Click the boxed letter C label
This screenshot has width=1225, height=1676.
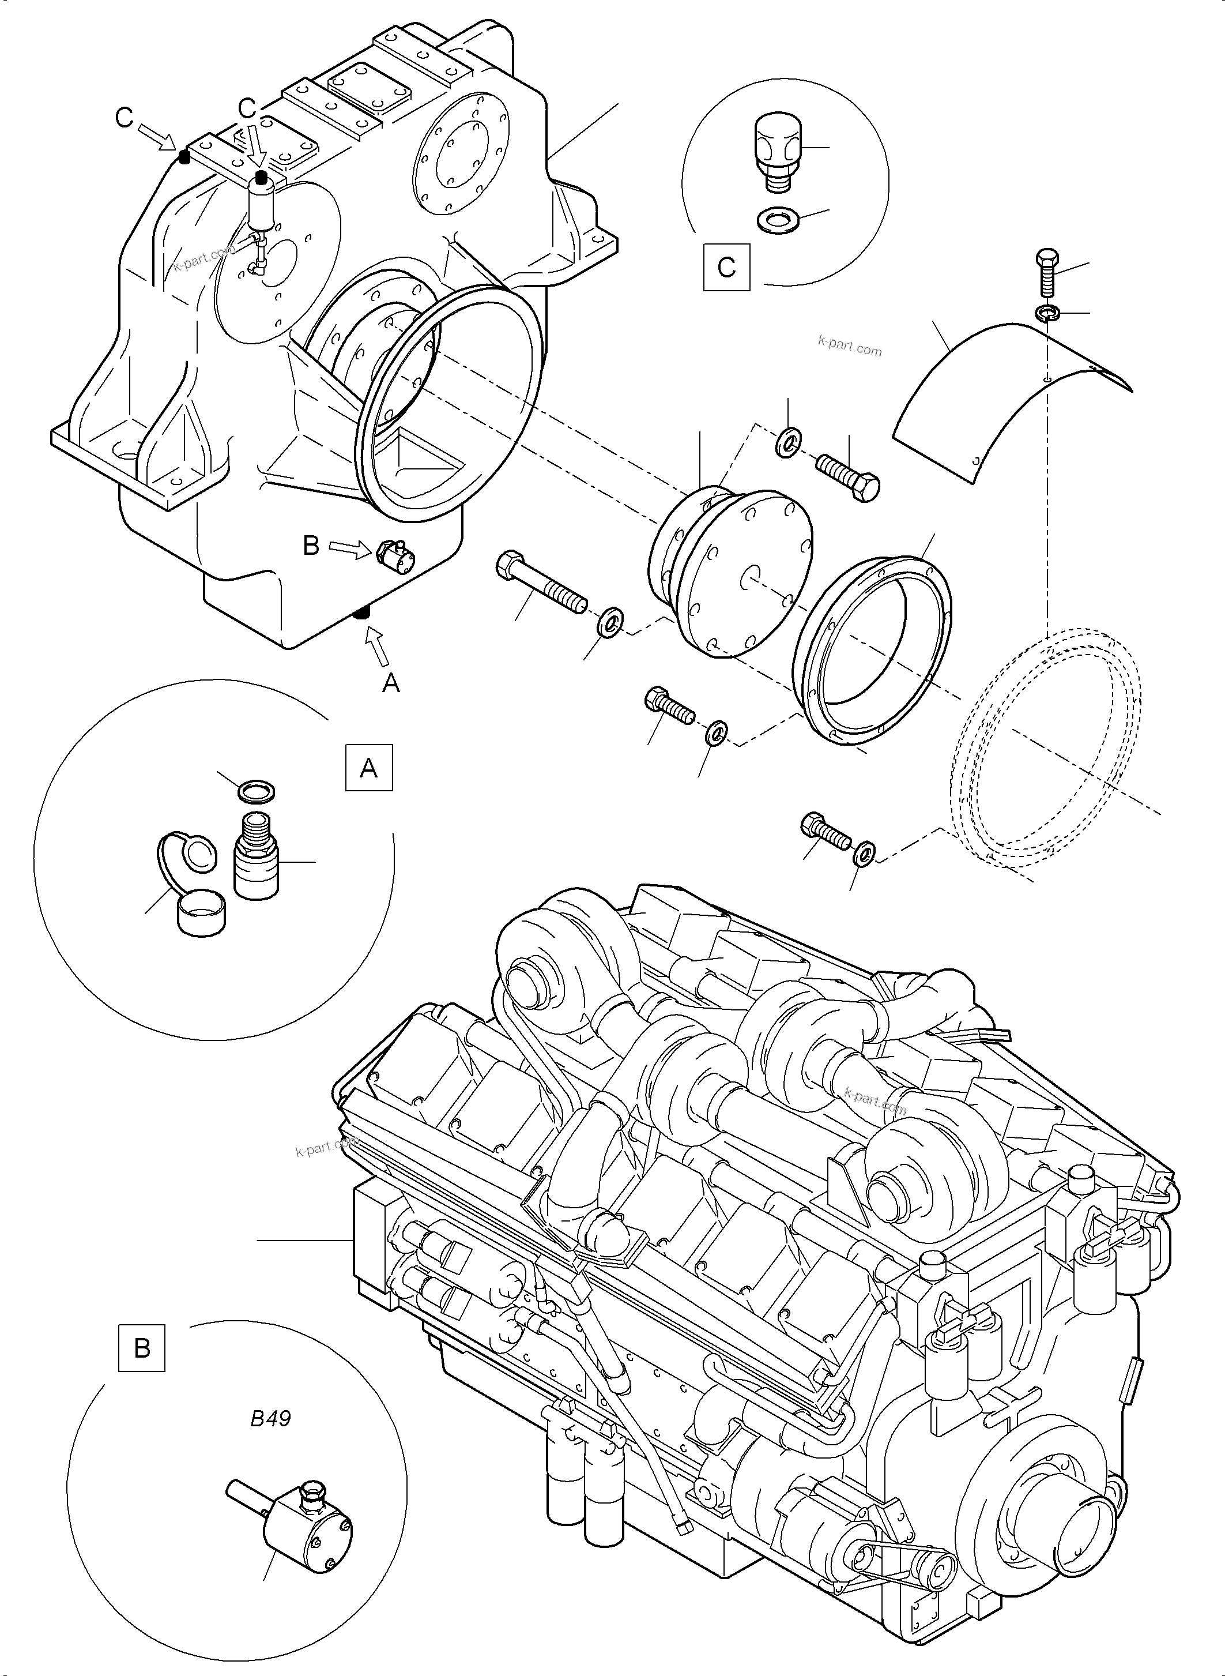coord(726,266)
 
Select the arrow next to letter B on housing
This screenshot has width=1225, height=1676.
coord(347,548)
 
